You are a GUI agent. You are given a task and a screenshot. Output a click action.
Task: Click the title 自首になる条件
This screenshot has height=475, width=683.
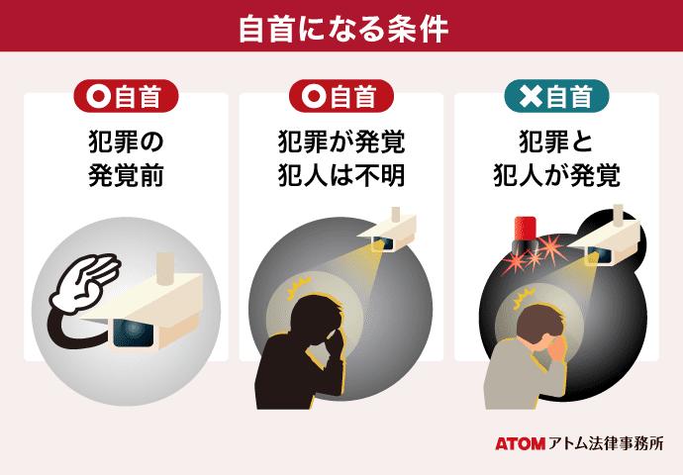(341, 27)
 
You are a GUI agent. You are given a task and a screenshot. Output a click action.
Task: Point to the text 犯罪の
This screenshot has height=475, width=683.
(126, 142)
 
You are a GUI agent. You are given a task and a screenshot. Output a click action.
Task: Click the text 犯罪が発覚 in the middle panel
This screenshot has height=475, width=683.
(341, 142)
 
